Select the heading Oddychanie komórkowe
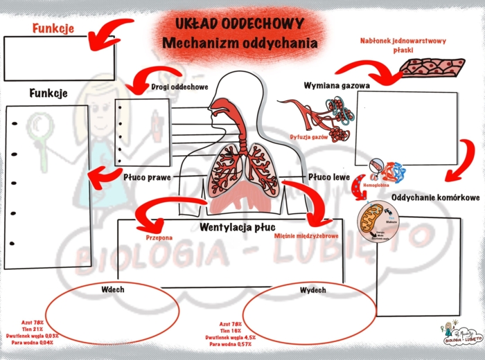pyautogui.click(x=430, y=198)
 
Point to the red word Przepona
pyautogui.click(x=159, y=237)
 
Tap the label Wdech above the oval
pyautogui.click(x=112, y=289)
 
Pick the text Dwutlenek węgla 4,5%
pyautogui.click(x=230, y=337)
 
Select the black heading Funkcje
pyautogui.click(x=48, y=93)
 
